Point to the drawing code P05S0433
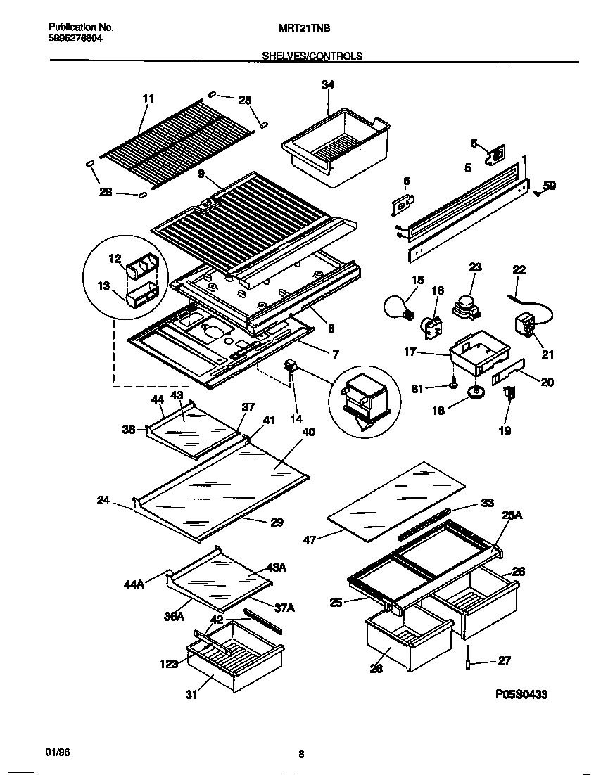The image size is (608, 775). (521, 694)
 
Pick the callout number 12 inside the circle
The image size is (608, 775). (115, 259)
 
